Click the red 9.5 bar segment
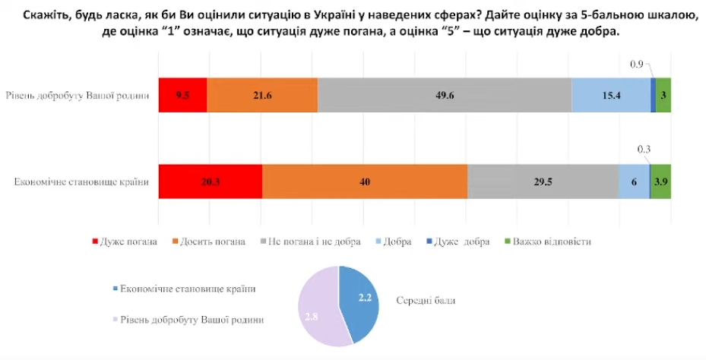click(182, 95)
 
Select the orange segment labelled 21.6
click(262, 95)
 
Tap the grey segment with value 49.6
click(445, 95)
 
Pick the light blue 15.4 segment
click(611, 95)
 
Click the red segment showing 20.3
click(210, 182)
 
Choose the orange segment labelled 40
click(365, 182)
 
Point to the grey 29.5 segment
click(543, 182)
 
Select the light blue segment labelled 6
click(634, 182)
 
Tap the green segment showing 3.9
click(660, 182)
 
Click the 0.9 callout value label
click(637, 65)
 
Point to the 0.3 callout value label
click(644, 150)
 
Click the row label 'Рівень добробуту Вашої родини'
click(77, 96)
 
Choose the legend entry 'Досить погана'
click(217, 242)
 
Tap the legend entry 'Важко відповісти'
click(552, 242)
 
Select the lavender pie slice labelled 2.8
click(315, 308)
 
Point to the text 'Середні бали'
click(426, 300)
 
